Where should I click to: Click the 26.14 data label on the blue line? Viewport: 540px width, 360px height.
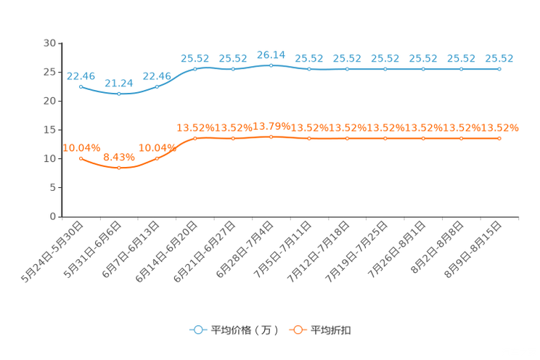[271, 55]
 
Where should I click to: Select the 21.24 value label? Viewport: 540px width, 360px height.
[119, 83]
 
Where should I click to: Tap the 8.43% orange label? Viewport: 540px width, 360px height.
[119, 157]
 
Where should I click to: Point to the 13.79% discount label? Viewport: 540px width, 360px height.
[271, 126]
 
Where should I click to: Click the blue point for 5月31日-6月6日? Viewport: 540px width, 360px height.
[119, 94]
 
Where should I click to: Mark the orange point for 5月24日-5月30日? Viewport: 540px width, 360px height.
[81, 158]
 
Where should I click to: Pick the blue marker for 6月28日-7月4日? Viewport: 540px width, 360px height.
[271, 65]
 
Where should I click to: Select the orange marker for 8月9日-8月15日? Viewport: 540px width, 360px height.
[499, 139]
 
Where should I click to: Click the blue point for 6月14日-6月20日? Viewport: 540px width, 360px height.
[195, 69]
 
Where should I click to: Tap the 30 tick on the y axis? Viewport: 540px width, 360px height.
[49, 43]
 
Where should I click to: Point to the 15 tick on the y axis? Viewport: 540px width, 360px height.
[49, 130]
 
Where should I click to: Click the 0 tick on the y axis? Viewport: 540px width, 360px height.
[53, 216]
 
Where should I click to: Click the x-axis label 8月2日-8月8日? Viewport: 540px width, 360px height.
[438, 247]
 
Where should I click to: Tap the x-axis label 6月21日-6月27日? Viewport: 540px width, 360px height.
[205, 252]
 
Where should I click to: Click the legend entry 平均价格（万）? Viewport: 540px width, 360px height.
[234, 330]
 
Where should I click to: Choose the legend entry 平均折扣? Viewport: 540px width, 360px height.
[320, 330]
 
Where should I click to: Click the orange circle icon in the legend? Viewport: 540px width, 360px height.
[298, 330]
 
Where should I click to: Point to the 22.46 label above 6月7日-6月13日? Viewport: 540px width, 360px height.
[157, 76]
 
